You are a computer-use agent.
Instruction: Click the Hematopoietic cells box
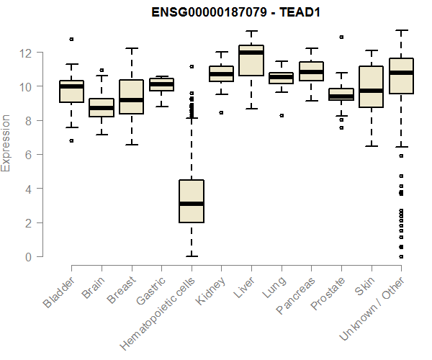192,202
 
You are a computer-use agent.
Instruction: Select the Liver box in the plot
251,60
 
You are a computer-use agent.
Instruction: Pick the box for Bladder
71,91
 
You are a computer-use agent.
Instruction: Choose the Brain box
102,107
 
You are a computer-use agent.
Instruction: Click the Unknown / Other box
401,76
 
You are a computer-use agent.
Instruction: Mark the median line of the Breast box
131,100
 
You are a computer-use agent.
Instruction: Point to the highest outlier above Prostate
341,37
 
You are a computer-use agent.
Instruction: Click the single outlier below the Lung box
282,115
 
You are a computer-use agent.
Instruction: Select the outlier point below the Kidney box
221,112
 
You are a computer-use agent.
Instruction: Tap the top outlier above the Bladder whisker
71,39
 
